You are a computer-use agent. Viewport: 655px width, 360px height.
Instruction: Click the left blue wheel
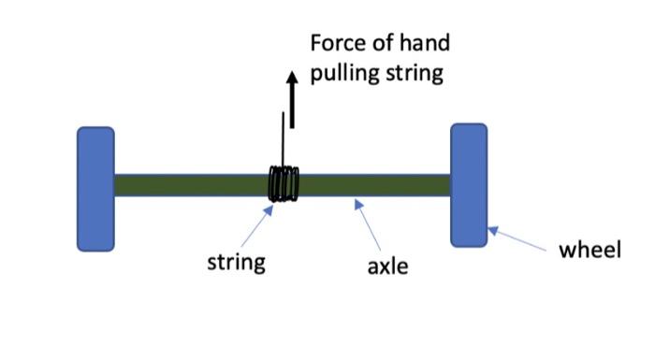tap(95, 189)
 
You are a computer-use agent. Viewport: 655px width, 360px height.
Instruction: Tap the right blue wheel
tap(469, 184)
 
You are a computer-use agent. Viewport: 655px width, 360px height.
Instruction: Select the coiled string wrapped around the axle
tap(284, 183)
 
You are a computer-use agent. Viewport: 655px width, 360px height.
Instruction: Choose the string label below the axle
tap(236, 261)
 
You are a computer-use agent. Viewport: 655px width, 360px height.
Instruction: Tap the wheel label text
tap(589, 250)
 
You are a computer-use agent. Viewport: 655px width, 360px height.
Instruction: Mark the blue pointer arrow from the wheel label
tap(518, 239)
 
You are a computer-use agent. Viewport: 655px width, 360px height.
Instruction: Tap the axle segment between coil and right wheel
tap(374, 184)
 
